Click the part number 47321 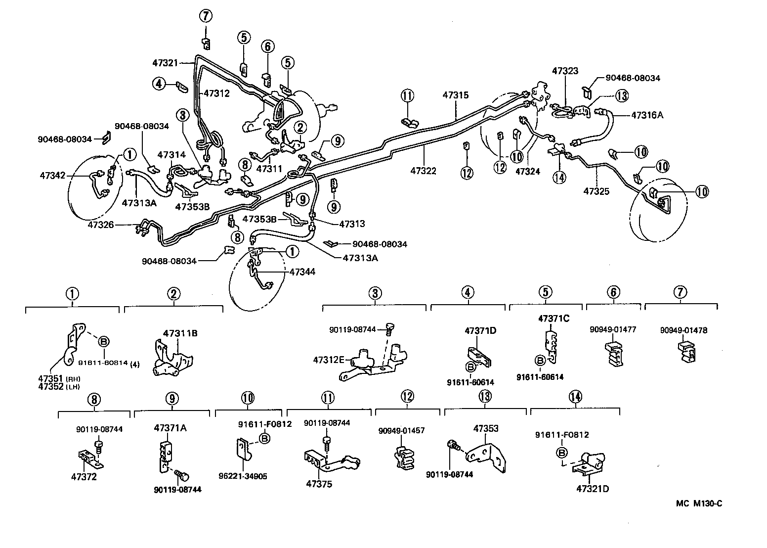click(165, 63)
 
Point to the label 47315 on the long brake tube click(455, 94)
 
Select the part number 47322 click(423, 171)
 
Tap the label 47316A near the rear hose click(647, 115)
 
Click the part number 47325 click(596, 191)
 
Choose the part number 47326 click(101, 225)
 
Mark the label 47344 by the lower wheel click(302, 272)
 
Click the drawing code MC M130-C click(699, 503)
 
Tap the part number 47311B click(180, 333)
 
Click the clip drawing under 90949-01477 click(613, 353)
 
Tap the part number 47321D click(592, 489)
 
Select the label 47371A click(170, 428)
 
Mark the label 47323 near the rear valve click(565, 71)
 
